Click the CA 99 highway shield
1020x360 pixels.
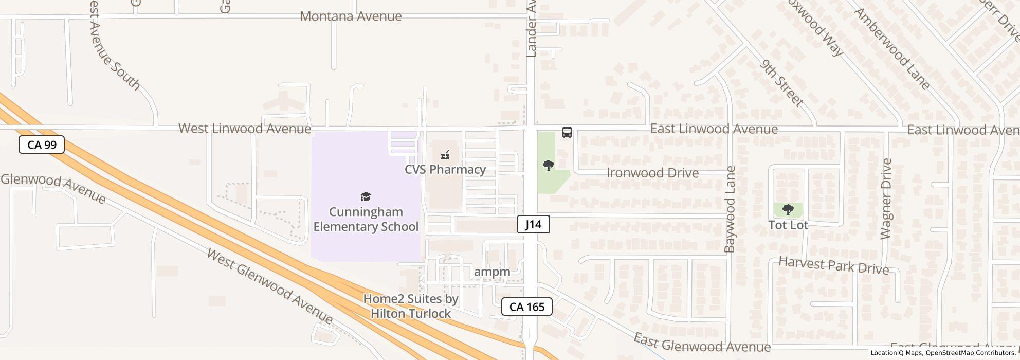[x=42, y=145]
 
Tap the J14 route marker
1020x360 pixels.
[x=533, y=224]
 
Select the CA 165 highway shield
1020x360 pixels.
[x=526, y=307]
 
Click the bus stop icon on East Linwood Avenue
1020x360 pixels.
[x=567, y=132]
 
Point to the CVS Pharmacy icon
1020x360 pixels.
[x=445, y=154]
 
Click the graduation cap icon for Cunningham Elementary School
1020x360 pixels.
[x=366, y=196]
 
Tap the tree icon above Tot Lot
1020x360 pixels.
[x=788, y=209]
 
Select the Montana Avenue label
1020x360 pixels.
[x=351, y=16]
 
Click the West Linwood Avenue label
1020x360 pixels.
[x=245, y=129]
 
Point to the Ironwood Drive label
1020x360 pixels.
[x=652, y=173]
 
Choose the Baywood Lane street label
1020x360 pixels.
[x=730, y=209]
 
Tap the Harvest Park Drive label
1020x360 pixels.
[x=833, y=265]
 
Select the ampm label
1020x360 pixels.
[x=492, y=272]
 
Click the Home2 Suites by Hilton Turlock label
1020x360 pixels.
[x=411, y=306]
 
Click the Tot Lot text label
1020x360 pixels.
[x=788, y=225]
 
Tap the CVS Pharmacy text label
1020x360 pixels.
[x=445, y=170]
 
